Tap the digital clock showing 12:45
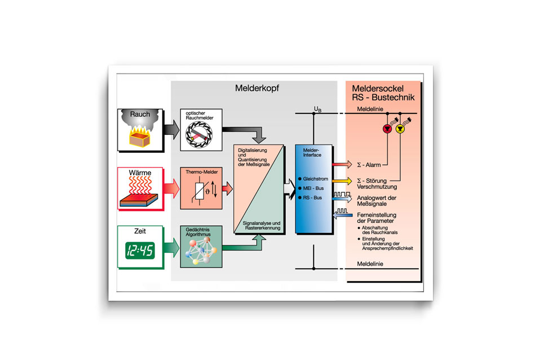tap(140, 250)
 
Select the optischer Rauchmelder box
tap(200, 130)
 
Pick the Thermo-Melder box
tap(200, 188)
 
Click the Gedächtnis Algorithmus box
tap(200, 247)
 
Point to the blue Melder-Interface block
tap(312, 189)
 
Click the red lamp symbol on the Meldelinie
tap(387, 129)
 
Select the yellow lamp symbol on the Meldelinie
tap(400, 129)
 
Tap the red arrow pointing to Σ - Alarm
tap(341, 164)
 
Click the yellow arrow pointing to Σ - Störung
tap(341, 181)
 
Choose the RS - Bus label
tap(313, 198)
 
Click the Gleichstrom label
tap(315, 179)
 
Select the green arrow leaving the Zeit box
tap(169, 248)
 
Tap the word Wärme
tap(140, 173)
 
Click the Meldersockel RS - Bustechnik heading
tap(383, 93)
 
